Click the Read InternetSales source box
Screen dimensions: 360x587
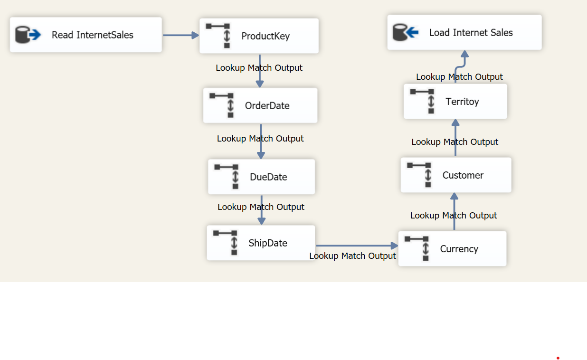pos(86,35)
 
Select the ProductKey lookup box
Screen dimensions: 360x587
pos(259,36)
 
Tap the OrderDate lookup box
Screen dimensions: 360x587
pos(260,105)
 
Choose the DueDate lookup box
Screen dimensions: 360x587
pos(261,177)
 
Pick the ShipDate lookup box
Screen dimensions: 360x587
pos(261,243)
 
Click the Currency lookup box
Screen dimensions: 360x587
pos(452,249)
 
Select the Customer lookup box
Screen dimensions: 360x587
pos(456,175)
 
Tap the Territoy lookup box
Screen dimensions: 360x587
pos(455,102)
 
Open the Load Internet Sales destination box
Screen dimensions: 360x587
pos(464,32)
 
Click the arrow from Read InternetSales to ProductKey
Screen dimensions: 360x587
pos(180,35)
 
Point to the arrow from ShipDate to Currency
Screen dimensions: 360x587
pos(356,246)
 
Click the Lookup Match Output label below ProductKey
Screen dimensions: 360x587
pos(259,68)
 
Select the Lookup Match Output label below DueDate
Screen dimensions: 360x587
pos(261,207)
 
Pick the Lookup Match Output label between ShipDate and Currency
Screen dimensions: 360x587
pos(352,256)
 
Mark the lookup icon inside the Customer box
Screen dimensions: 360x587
pos(420,175)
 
